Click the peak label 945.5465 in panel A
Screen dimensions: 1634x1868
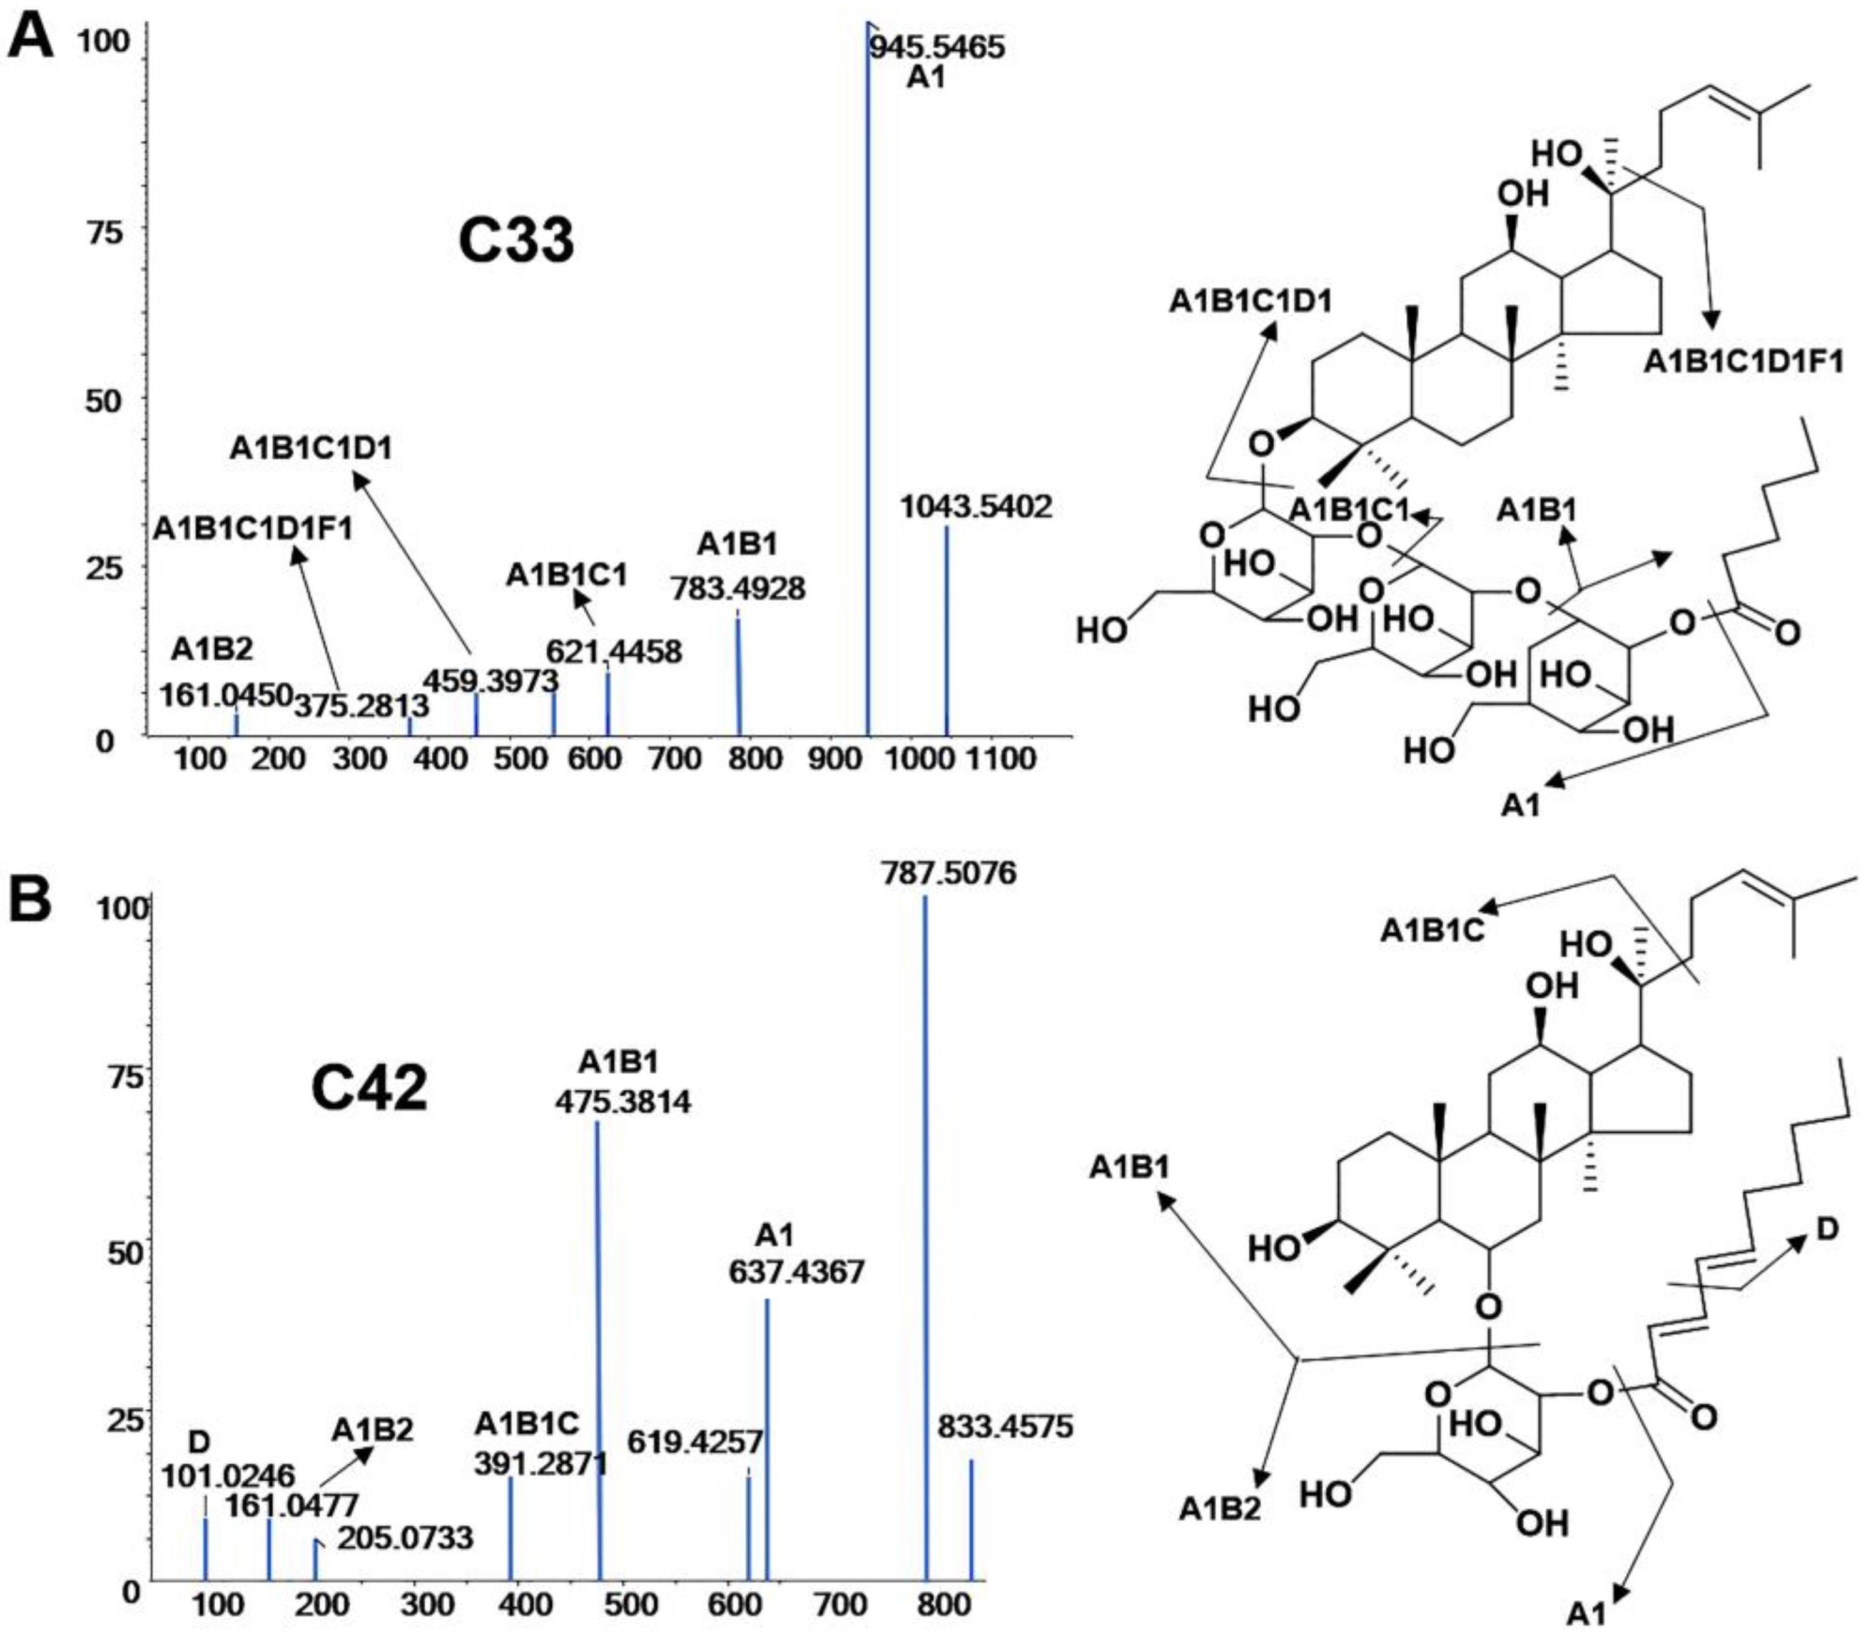tap(937, 46)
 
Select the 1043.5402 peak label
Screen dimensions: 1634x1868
tap(975, 506)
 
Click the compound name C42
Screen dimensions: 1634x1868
tap(369, 1089)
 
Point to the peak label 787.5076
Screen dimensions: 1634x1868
tap(948, 874)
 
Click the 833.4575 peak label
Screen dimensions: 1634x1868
tap(1005, 1427)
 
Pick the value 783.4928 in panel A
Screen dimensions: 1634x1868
tap(738, 588)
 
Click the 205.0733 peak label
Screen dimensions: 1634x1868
tap(405, 1538)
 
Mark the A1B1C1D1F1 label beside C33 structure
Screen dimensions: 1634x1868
tap(1743, 362)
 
